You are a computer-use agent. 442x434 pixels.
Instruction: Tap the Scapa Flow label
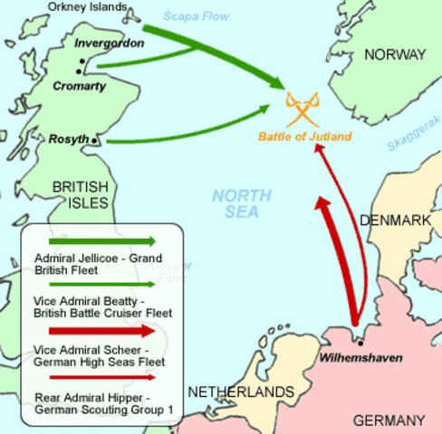click(196, 16)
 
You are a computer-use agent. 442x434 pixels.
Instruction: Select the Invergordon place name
click(109, 42)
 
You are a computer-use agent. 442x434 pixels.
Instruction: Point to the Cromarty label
click(80, 86)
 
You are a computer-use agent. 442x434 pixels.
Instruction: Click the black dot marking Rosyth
click(95, 141)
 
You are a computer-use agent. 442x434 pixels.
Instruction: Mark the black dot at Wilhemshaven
click(360, 344)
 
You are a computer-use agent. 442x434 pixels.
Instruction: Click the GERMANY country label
click(388, 420)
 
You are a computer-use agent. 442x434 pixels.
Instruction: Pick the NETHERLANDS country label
click(241, 392)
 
